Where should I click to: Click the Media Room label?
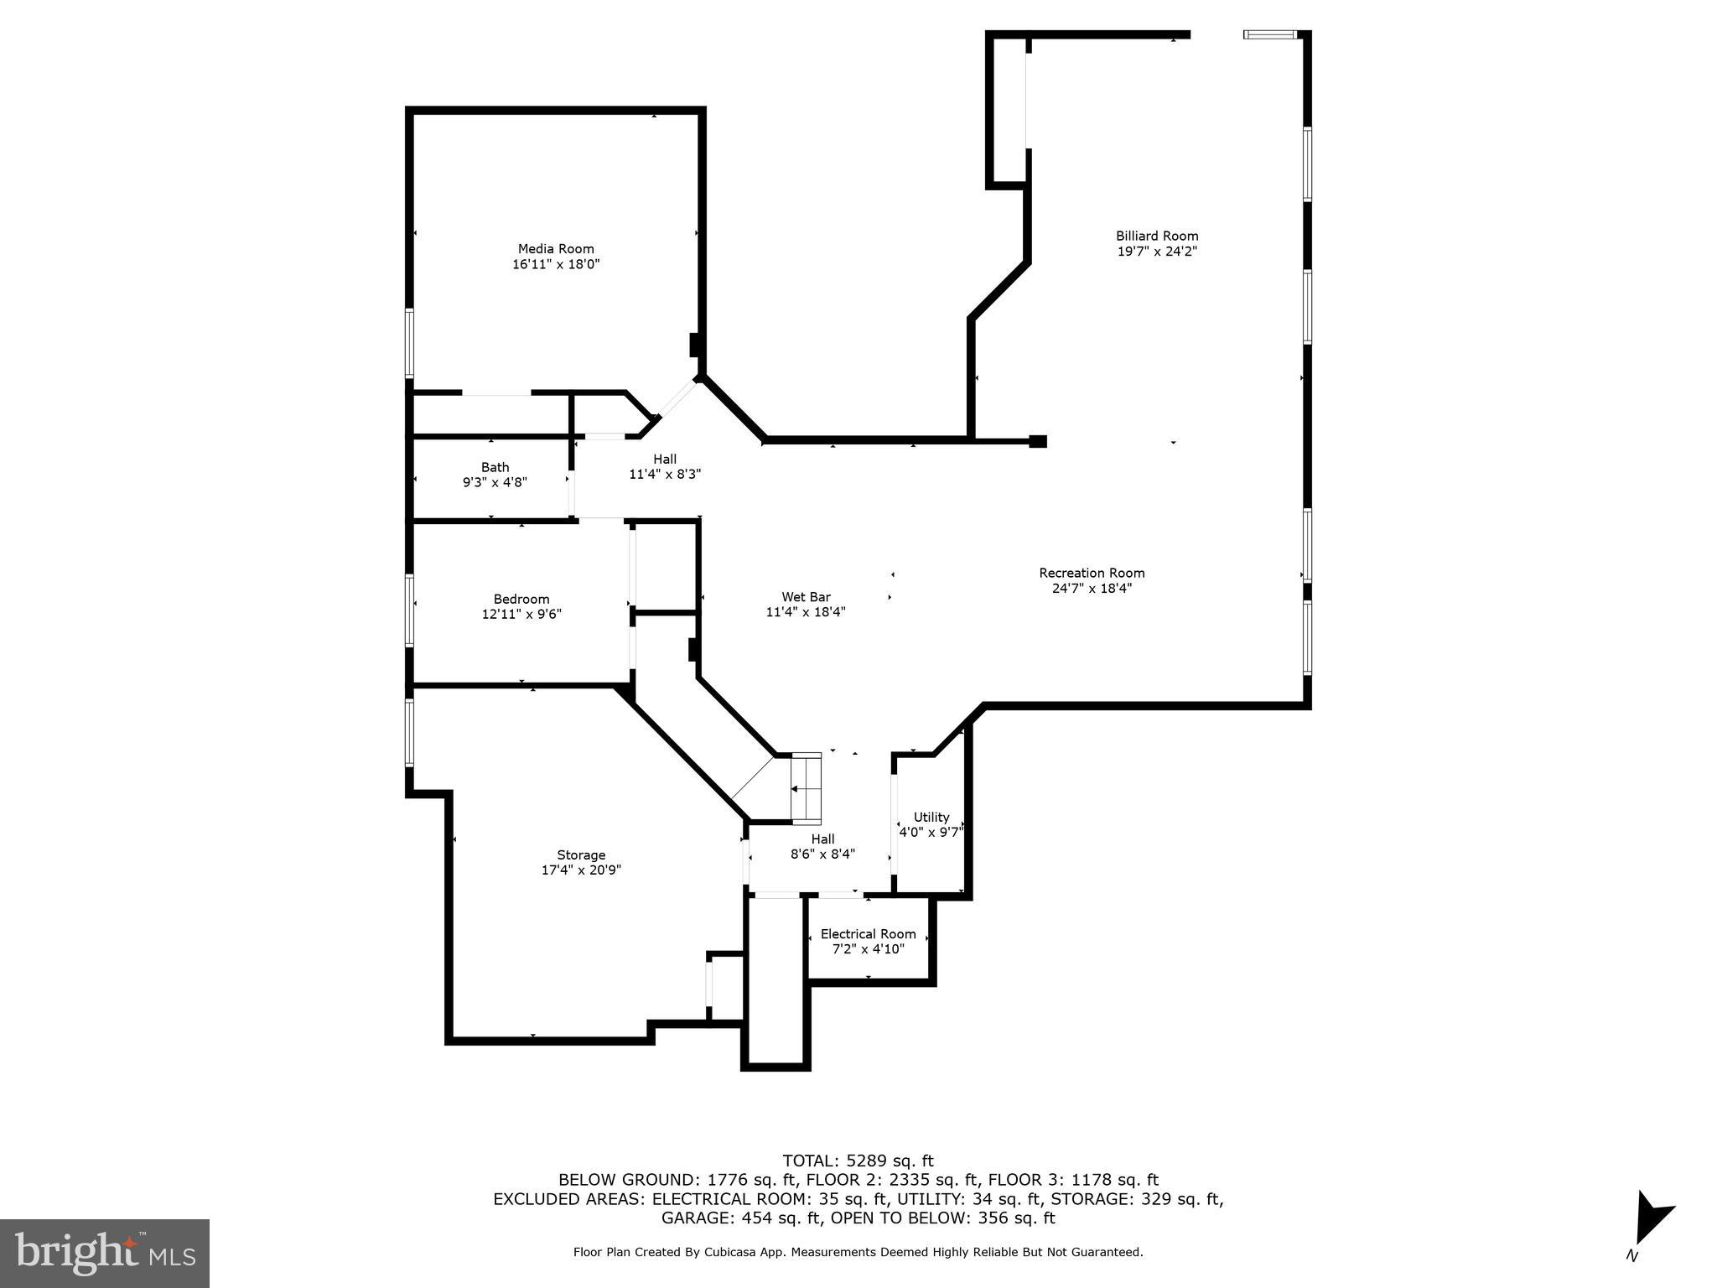click(556, 249)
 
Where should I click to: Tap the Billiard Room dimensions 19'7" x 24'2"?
click(1157, 252)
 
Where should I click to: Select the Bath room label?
click(495, 467)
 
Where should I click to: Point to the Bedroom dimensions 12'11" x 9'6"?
click(521, 614)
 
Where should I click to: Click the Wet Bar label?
click(806, 597)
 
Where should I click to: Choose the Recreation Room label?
click(1092, 573)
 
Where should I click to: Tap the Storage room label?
click(581, 855)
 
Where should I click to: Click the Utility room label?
click(931, 817)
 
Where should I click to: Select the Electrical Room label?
click(868, 934)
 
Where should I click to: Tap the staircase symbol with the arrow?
click(806, 788)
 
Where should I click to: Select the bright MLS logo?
click(105, 1253)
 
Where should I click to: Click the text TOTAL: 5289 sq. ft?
click(858, 1161)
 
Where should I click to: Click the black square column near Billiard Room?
click(1038, 441)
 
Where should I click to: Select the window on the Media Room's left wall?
click(410, 343)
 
